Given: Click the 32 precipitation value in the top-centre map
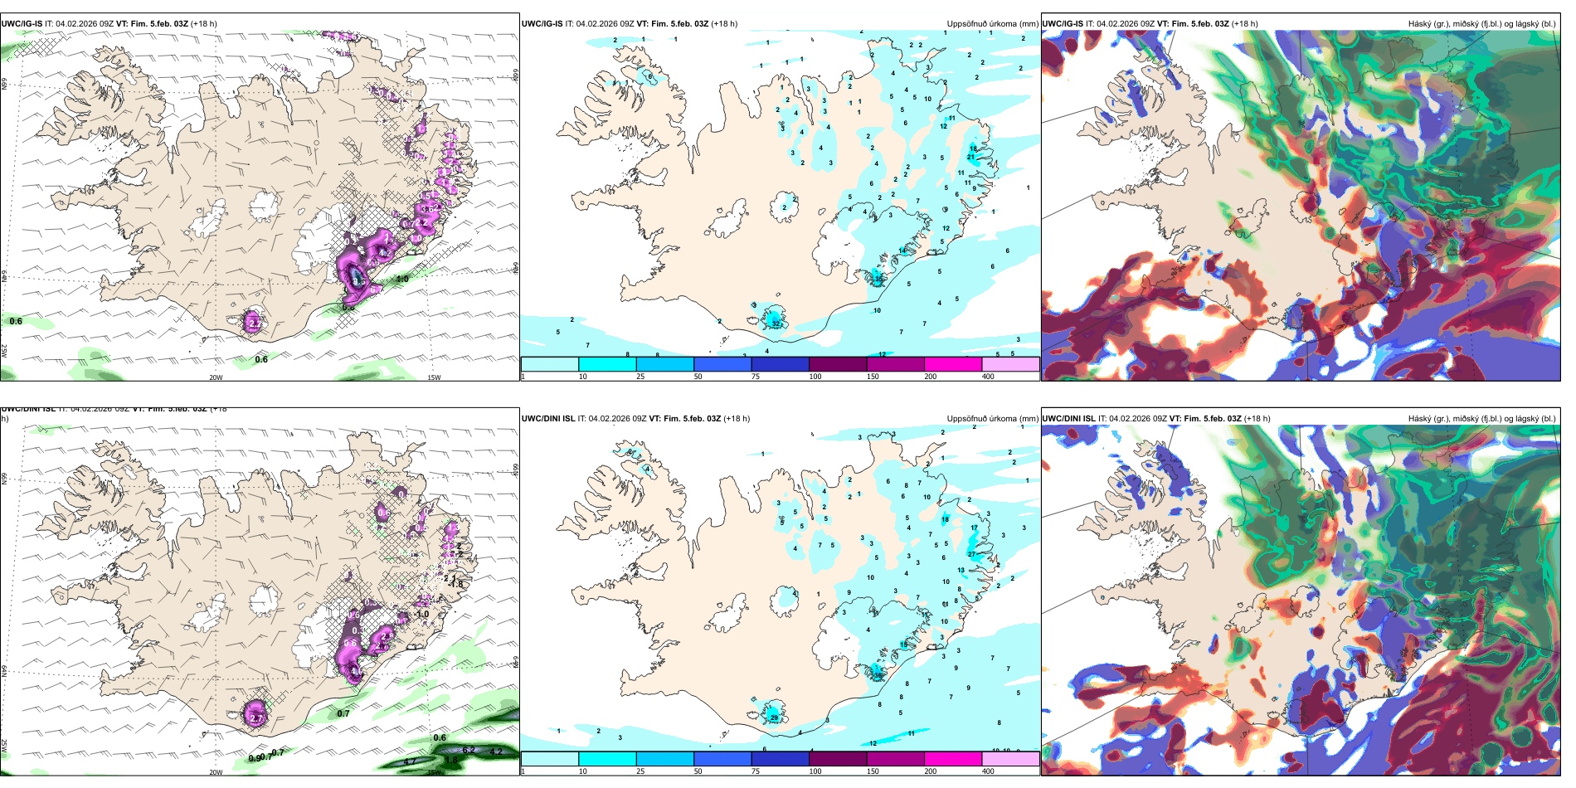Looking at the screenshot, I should click(776, 323).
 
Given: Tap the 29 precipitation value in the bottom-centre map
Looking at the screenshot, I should click(774, 717).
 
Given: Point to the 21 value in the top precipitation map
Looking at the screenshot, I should click(970, 157).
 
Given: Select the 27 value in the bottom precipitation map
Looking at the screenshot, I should click(971, 554).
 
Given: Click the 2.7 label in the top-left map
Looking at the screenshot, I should click(254, 323).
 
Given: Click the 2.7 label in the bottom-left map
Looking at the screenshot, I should click(255, 717).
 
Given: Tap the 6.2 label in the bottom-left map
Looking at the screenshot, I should click(469, 750).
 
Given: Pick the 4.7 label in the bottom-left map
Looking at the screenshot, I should click(410, 761).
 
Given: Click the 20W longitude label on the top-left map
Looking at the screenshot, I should click(216, 377).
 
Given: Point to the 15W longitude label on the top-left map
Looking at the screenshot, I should click(434, 377).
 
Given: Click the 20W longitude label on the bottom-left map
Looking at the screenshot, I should click(216, 772).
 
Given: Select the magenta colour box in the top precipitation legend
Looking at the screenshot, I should click(953, 364).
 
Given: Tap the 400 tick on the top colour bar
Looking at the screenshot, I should click(988, 377).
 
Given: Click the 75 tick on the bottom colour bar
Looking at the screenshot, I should click(756, 771).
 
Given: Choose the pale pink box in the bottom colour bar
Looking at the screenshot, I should click(1010, 759).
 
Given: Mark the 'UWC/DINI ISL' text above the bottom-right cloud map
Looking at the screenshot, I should click(1068, 419).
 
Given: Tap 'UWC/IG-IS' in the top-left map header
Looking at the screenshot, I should click(22, 24).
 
